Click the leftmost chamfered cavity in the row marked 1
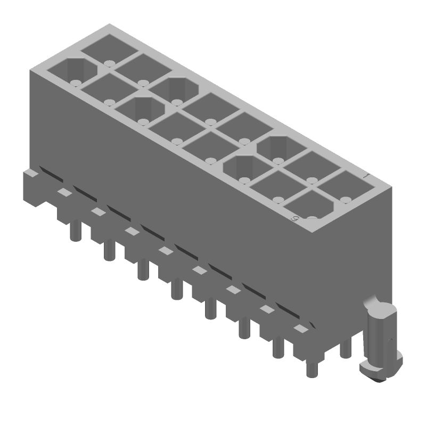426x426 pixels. point(176,87)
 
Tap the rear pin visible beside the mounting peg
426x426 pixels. point(345,348)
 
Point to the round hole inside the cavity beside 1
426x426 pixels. point(345,200)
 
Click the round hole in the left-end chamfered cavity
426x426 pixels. point(75,82)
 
